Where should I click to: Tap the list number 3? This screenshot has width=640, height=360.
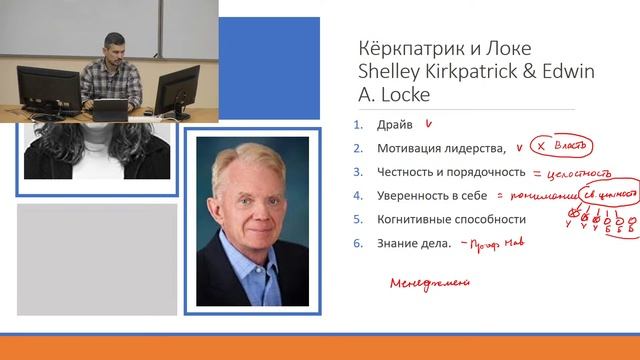pos(357,171)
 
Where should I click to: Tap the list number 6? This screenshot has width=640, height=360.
pos(357,242)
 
